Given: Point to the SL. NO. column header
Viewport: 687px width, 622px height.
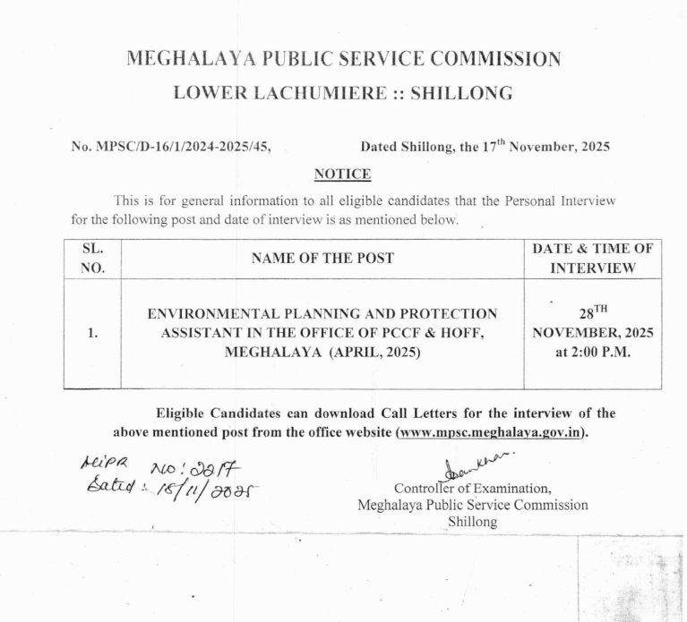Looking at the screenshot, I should click(x=92, y=259).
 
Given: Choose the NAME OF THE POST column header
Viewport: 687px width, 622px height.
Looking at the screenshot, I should click(x=322, y=260).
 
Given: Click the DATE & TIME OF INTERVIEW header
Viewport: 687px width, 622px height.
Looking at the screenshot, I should click(x=592, y=259).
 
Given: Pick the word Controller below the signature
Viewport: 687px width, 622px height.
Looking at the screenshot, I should click(x=425, y=489).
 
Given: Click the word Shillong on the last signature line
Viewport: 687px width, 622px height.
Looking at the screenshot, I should click(x=471, y=523).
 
